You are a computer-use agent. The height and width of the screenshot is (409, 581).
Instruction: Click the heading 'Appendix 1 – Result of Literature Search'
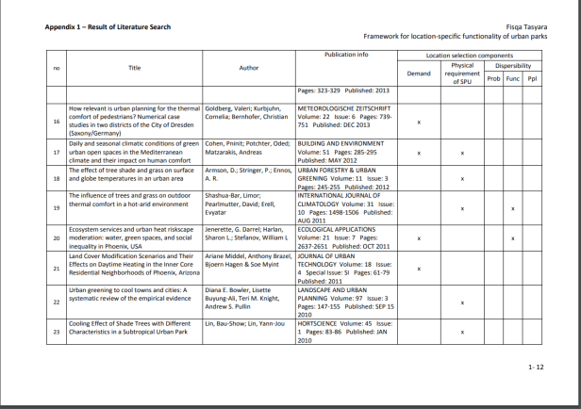point(108,26)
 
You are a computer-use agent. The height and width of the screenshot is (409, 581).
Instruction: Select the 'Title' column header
point(135,68)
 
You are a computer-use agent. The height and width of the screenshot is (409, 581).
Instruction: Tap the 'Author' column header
point(249,68)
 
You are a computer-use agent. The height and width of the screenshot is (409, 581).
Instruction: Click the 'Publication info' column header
point(346,56)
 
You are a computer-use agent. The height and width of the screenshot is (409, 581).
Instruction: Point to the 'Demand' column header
point(418,74)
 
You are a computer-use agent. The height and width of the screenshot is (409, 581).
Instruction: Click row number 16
point(57,122)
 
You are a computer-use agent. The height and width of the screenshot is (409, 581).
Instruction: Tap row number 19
point(57,207)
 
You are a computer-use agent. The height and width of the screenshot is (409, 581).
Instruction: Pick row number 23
point(57,332)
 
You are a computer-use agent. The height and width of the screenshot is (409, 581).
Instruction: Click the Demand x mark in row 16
point(418,122)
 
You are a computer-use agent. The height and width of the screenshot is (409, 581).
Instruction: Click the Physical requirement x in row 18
point(462,177)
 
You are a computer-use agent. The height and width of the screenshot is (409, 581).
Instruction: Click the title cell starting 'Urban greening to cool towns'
point(135,294)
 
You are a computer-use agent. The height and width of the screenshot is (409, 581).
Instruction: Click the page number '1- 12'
point(536,365)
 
